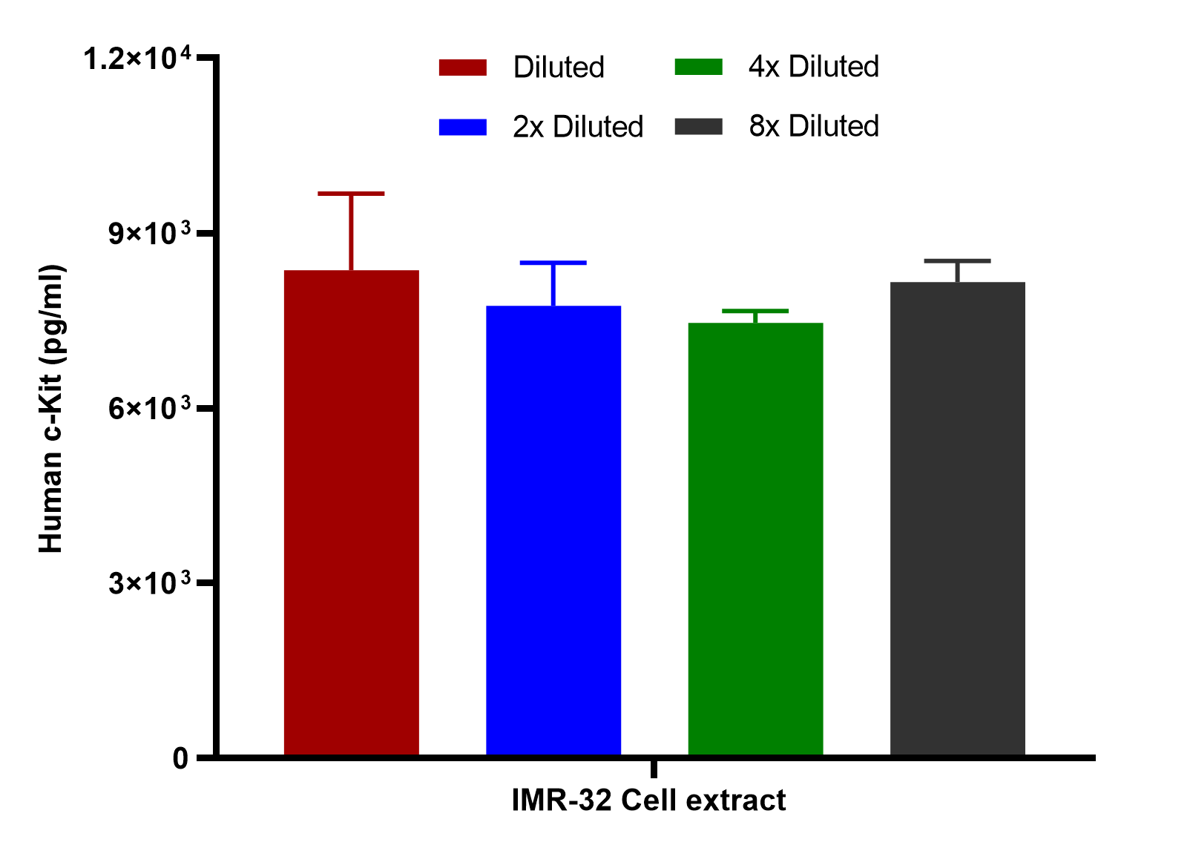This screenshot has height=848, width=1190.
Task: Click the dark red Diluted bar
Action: (351, 513)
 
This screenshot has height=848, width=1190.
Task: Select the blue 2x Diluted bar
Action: (553, 530)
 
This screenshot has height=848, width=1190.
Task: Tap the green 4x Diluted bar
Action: (755, 539)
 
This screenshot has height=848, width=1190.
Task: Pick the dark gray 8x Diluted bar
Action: (957, 519)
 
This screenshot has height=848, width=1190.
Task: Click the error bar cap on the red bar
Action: (351, 194)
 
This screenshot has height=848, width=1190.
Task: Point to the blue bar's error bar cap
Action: (553, 263)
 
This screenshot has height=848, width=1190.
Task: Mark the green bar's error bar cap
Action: (755, 311)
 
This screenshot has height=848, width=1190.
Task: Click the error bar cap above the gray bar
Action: (957, 261)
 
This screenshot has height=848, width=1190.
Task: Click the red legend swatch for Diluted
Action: (463, 68)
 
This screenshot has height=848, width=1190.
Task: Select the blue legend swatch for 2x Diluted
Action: (463, 127)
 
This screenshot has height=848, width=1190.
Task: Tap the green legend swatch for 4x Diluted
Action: (699, 67)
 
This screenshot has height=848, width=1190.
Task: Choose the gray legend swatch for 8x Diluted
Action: (699, 126)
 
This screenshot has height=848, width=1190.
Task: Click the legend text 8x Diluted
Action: (814, 126)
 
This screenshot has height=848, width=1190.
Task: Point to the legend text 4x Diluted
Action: (814, 67)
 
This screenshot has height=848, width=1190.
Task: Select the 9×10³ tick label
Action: (149, 233)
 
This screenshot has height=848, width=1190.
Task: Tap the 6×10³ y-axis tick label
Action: (149, 408)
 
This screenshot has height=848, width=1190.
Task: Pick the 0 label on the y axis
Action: (180, 758)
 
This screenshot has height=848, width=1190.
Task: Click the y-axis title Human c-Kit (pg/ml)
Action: (52, 408)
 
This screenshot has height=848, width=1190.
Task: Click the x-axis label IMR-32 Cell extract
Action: (648, 801)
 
